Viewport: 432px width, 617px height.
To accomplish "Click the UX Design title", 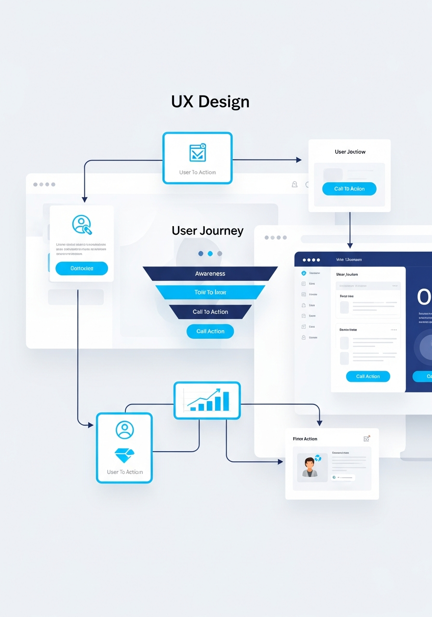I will pyautogui.click(x=210, y=102).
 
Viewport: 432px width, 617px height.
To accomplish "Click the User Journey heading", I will pyautogui.click(x=207, y=231).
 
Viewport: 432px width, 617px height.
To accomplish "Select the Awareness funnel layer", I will pyautogui.click(x=210, y=274).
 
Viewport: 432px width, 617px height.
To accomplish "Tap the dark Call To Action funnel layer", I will pyautogui.click(x=210, y=312).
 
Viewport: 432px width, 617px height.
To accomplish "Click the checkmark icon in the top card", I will pyautogui.click(x=198, y=153).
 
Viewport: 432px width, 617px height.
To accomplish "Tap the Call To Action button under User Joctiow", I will pyautogui.click(x=350, y=189).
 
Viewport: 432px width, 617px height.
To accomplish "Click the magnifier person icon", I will pyautogui.click(x=81, y=225).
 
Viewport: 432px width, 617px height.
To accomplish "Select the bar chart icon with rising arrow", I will pyautogui.click(x=207, y=400).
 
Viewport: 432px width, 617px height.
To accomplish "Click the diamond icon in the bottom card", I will pyautogui.click(x=124, y=456).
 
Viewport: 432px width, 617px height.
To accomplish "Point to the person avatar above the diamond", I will pyautogui.click(x=124, y=429).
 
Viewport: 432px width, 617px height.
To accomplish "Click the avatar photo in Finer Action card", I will pyautogui.click(x=310, y=467).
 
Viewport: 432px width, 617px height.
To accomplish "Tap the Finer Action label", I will pyautogui.click(x=305, y=439).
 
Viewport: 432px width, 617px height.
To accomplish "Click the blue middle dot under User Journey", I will pyautogui.click(x=210, y=254).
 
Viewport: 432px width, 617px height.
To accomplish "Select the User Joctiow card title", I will pyautogui.click(x=350, y=152).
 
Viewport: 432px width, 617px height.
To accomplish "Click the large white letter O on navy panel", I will pyautogui.click(x=423, y=297).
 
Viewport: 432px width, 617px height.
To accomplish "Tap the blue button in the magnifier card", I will pyautogui.click(x=81, y=268).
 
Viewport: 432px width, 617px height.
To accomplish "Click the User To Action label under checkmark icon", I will pyautogui.click(x=198, y=173).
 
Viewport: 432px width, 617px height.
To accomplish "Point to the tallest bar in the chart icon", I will pyautogui.click(x=226, y=401).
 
